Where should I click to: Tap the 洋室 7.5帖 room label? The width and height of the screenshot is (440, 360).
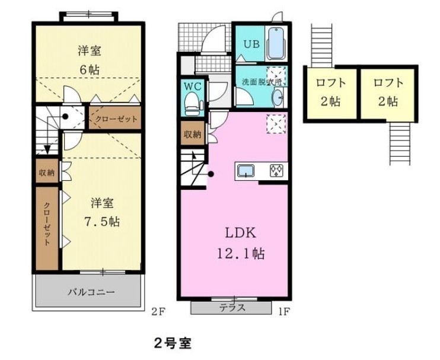101,212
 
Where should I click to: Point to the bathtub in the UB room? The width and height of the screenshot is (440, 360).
276,43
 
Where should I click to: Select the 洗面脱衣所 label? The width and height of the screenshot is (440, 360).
259,81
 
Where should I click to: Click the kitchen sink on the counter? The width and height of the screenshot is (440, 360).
245,171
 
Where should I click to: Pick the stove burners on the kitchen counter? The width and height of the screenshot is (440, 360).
277,171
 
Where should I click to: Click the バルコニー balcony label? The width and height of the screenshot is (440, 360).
90,292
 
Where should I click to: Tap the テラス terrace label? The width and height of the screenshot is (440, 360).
233,308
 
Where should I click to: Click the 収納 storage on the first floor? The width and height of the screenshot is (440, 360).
192,134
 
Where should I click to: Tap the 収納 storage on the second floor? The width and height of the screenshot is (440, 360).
47,173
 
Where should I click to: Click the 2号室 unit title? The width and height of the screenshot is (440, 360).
173,343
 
